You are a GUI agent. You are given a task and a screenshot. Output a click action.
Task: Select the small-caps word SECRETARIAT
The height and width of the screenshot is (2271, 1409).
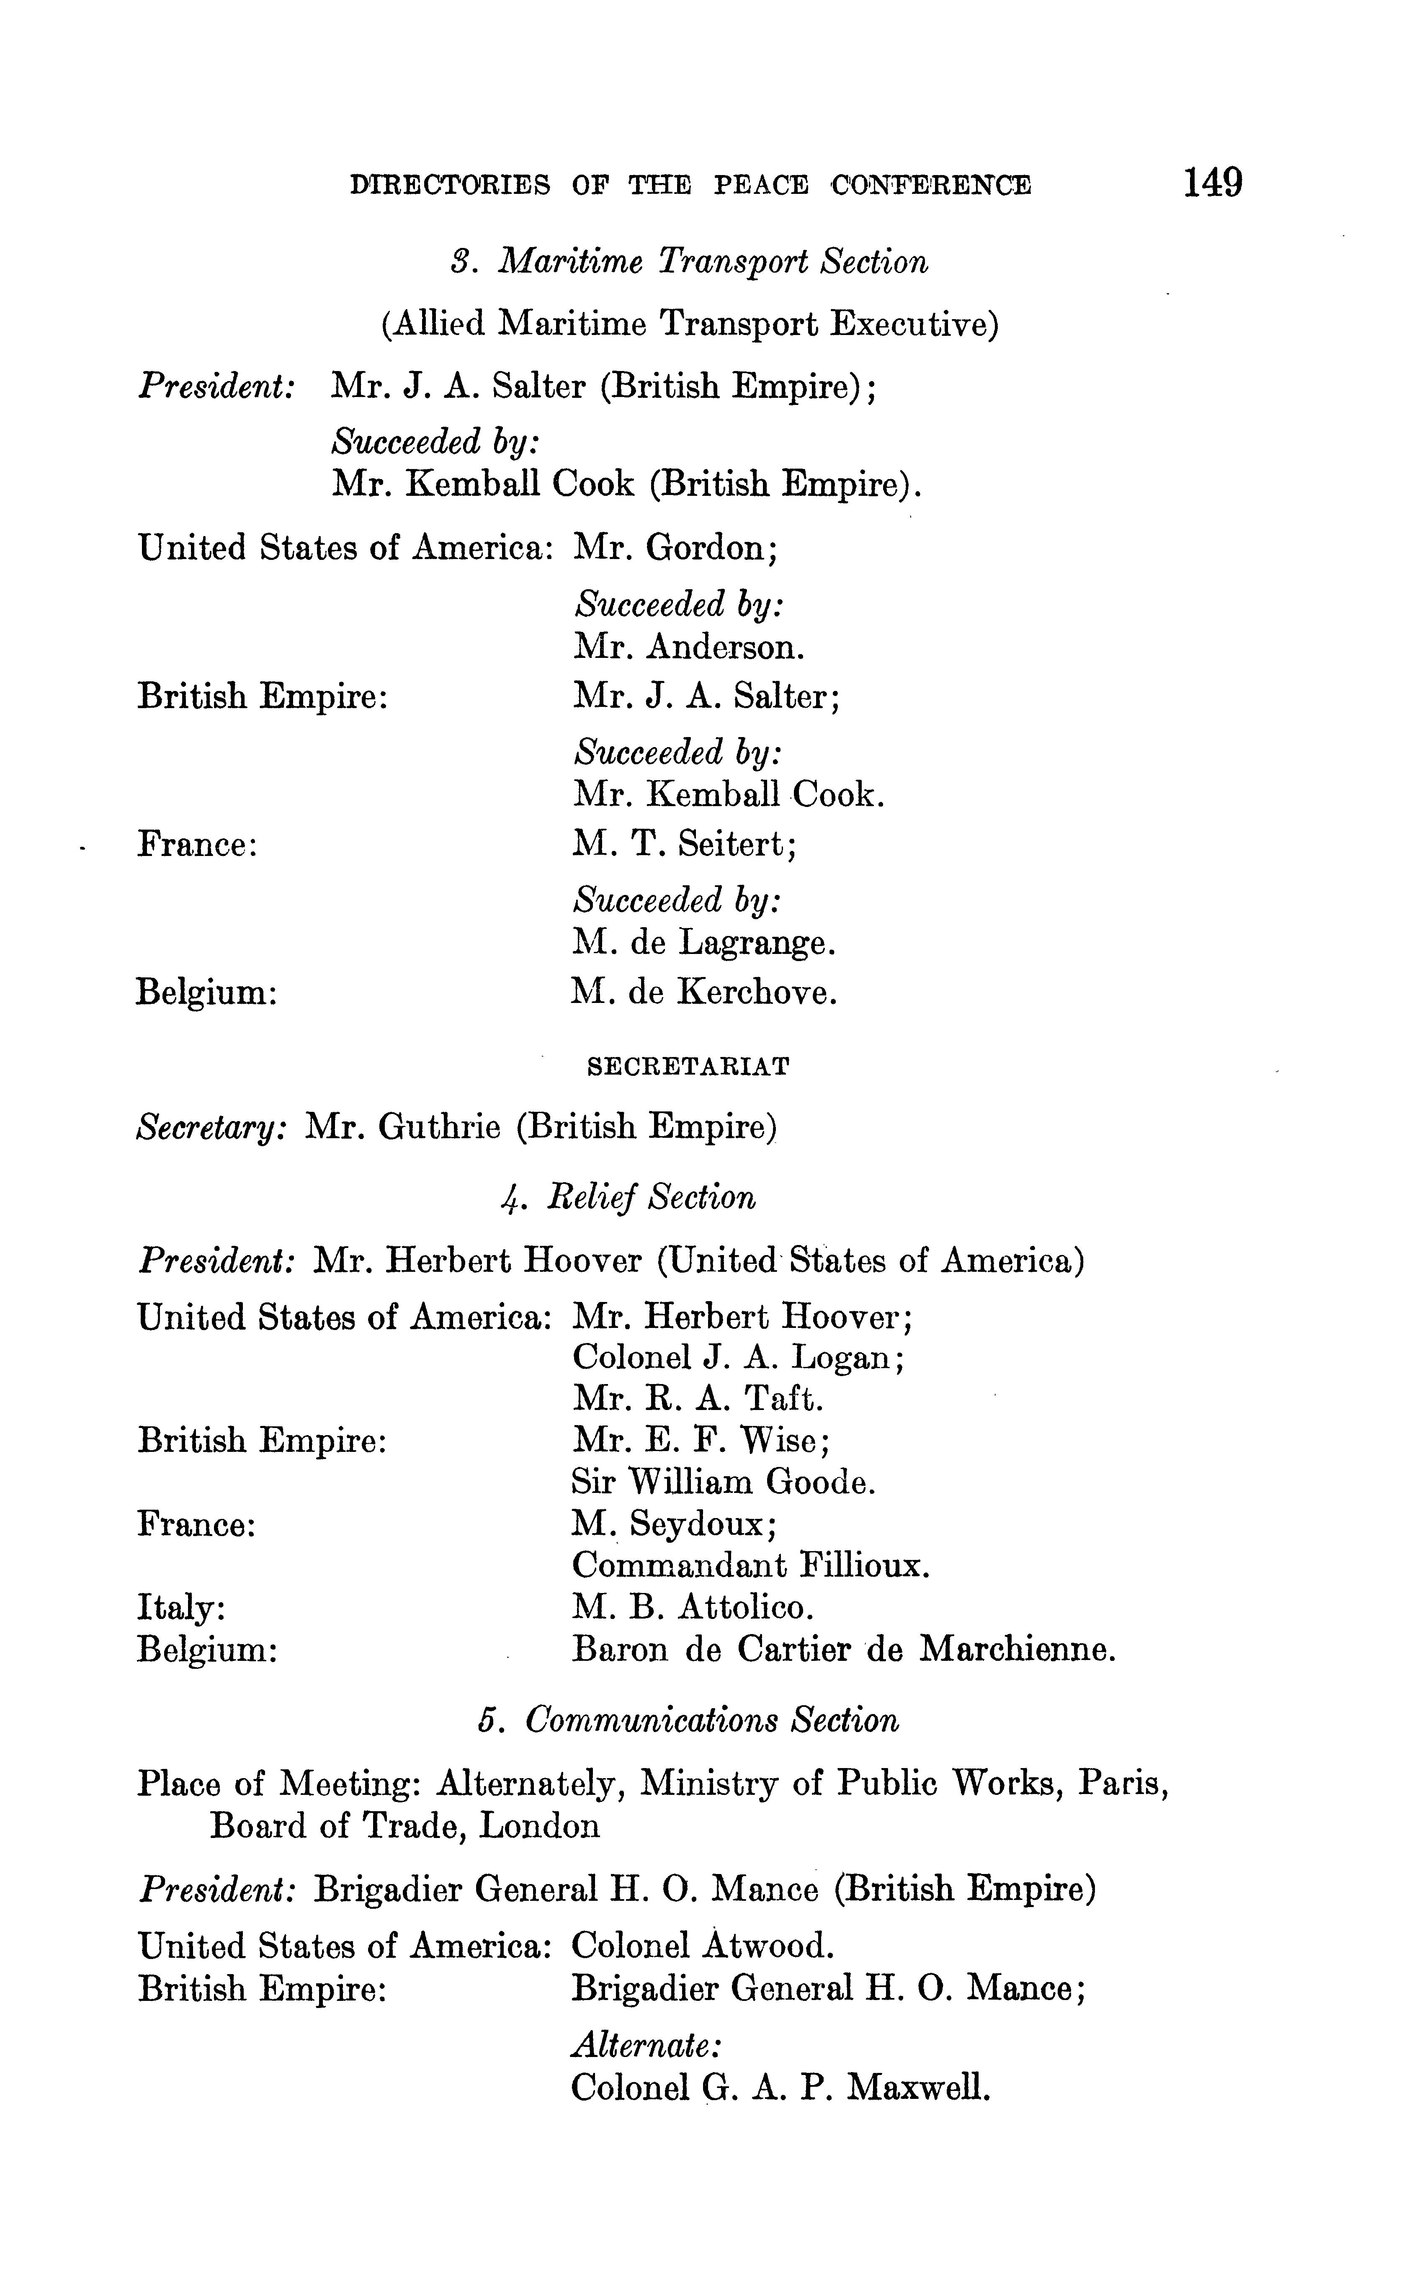click(689, 1067)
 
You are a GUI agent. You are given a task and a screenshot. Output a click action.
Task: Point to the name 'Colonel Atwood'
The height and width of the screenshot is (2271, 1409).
click(702, 1946)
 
